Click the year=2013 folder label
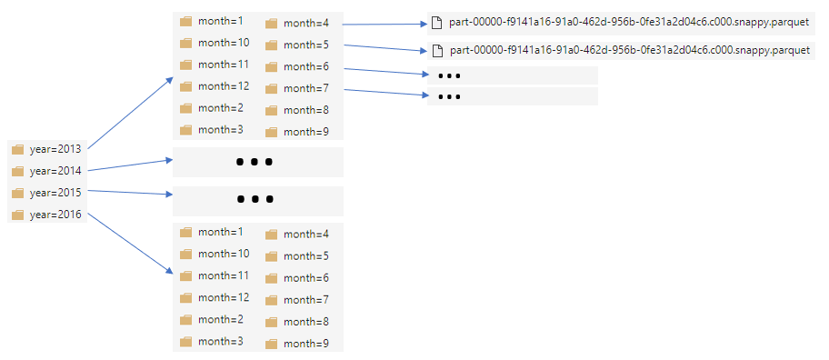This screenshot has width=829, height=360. click(x=55, y=149)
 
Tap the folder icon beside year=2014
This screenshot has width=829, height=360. click(x=18, y=171)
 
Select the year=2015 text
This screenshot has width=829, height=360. click(x=55, y=193)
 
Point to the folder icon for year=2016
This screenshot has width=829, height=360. click(x=18, y=215)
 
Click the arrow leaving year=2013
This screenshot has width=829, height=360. click(x=130, y=113)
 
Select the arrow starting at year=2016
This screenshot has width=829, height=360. click(x=130, y=243)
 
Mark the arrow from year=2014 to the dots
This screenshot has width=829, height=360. click(x=130, y=165)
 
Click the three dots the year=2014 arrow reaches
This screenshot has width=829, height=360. click(x=255, y=162)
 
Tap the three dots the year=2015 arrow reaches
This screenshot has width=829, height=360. click(x=255, y=199)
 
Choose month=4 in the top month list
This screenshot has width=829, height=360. click(x=306, y=24)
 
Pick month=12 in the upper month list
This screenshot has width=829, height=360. click(x=224, y=85)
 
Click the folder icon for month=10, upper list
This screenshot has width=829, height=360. click(x=185, y=43)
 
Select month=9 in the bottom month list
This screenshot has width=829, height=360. click(x=306, y=344)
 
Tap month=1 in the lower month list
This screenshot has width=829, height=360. click(x=221, y=232)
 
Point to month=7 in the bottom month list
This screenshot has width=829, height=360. click(x=306, y=300)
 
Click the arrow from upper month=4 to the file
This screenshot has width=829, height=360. click(x=385, y=25)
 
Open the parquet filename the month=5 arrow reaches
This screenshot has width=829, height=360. click(x=630, y=51)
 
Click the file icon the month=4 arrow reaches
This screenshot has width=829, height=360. click(x=436, y=23)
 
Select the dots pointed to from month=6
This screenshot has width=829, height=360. click(x=449, y=76)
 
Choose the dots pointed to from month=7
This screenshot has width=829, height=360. click(x=449, y=96)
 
